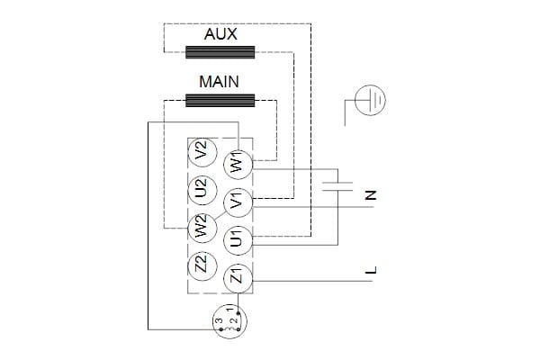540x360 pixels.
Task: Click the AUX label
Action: point(220,34)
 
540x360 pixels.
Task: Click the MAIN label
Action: point(220,81)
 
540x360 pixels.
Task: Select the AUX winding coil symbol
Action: point(220,52)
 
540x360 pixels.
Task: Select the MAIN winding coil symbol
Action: point(220,99)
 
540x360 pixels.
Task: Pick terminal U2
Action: point(201,189)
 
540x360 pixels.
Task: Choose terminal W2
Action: point(201,225)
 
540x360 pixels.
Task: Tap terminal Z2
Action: point(201,265)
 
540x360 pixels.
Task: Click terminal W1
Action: point(238,166)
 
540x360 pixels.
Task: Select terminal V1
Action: point(238,202)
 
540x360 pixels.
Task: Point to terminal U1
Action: point(238,239)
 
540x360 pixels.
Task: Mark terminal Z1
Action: point(238,277)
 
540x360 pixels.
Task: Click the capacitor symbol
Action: point(337,187)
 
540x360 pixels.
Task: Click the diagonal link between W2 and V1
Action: point(219,213)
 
